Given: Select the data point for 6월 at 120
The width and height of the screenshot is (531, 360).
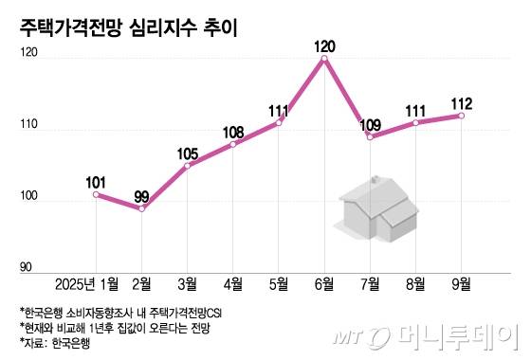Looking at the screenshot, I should point(325,59).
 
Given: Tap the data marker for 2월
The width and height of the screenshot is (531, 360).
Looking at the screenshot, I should point(141,208).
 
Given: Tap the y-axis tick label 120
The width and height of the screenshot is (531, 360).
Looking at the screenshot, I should point(28,57).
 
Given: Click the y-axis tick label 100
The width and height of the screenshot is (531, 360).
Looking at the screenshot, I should point(28,199).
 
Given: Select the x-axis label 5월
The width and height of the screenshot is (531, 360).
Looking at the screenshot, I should point(279,283).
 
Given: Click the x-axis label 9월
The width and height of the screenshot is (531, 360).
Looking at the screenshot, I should point(462,283).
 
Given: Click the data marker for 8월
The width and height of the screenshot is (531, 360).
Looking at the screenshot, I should point(416,123).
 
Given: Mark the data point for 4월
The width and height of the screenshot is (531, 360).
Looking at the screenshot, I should point(233,144).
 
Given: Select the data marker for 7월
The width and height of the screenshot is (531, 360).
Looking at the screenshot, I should point(371,137).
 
